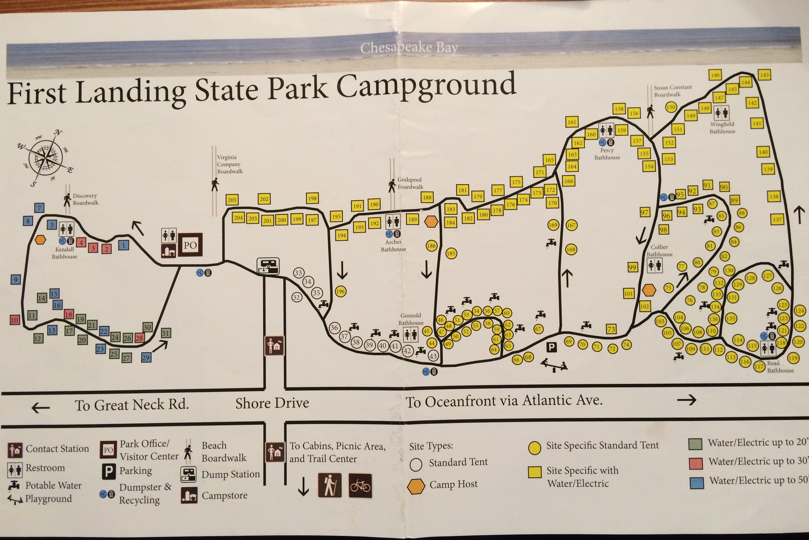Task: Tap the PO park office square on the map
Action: point(190,245)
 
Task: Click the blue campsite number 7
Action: point(39,208)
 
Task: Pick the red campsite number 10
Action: point(14,320)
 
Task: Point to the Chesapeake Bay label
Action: point(409,48)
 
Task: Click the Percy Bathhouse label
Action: point(607,154)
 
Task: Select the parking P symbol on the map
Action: point(551,347)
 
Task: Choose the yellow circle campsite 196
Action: point(340,291)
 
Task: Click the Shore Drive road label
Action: point(272,403)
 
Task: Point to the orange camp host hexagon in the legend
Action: point(416,486)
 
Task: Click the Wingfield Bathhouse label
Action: point(722,127)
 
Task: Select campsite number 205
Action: point(232,200)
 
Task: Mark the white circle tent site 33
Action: point(298,273)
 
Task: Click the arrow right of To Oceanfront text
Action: point(686,400)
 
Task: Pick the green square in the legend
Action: point(695,444)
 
